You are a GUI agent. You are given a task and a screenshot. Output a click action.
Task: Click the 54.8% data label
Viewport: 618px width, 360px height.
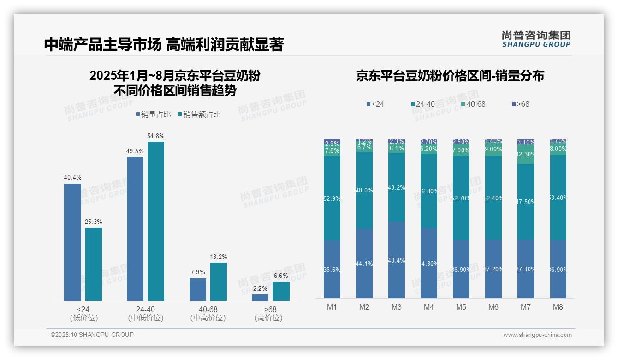click(155, 136)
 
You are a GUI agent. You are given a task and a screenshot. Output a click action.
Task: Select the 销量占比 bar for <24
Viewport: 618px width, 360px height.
click(72, 242)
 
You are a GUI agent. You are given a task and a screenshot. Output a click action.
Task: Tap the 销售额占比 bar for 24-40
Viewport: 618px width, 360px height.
click(155, 222)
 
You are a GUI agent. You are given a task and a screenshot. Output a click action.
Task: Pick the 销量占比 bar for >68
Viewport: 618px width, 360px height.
click(260, 298)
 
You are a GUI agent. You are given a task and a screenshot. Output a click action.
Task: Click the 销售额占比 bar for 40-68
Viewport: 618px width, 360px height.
click(219, 282)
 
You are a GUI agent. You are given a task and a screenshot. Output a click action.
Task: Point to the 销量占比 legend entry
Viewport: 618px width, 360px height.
click(154, 114)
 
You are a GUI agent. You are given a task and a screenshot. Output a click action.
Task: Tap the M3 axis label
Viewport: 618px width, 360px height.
click(397, 307)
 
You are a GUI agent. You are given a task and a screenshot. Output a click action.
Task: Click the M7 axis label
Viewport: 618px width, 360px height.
click(526, 307)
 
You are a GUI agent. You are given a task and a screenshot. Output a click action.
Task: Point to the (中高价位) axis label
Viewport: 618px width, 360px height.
click(208, 318)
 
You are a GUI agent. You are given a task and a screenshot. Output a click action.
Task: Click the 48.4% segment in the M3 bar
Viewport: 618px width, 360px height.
click(397, 260)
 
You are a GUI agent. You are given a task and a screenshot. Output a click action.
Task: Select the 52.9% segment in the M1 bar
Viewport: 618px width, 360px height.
click(332, 198)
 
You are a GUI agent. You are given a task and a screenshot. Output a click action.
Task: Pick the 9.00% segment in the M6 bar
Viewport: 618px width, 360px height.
click(493, 150)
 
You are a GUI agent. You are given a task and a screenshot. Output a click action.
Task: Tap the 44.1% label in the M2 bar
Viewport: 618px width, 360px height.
click(364, 264)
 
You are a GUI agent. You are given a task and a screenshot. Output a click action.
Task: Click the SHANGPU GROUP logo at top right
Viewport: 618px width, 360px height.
click(536, 39)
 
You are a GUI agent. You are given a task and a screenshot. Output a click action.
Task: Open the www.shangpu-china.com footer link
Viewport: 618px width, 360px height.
click(537, 335)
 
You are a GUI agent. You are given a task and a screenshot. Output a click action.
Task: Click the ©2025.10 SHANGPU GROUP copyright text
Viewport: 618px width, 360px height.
click(92, 335)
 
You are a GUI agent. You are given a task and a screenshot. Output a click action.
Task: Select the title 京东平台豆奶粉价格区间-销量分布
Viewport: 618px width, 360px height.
click(450, 76)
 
